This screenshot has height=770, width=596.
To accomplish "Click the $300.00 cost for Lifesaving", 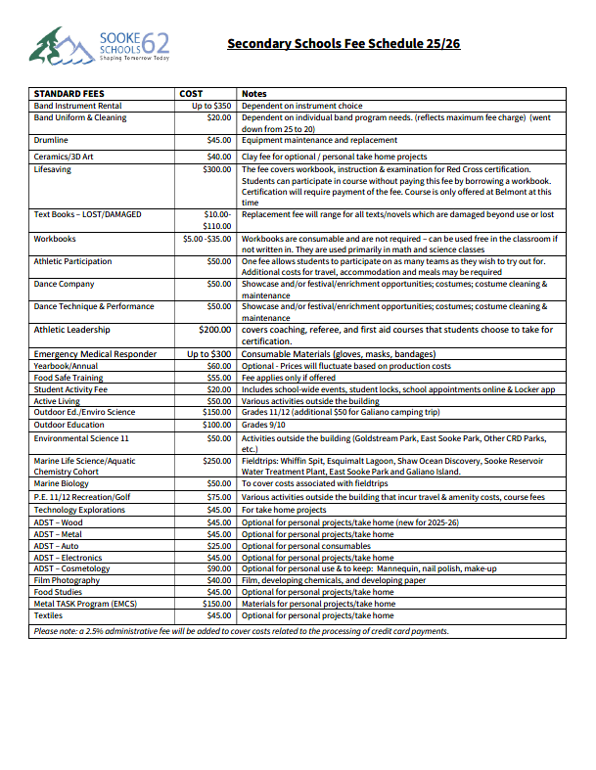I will pyautogui.click(x=216, y=169).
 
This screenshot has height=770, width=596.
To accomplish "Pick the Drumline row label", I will pyautogui.click(x=51, y=140).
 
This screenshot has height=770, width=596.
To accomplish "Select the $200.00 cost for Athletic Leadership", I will pyautogui.click(x=214, y=331).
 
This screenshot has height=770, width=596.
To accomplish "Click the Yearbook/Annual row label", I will pyautogui.click(x=66, y=366).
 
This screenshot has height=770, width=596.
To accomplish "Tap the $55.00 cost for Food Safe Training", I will pyautogui.click(x=218, y=378).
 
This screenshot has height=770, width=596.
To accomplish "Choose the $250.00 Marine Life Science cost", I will pyautogui.click(x=216, y=460).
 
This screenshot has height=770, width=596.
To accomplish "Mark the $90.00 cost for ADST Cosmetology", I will pyautogui.click(x=218, y=568).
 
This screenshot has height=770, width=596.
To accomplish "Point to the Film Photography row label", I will pyautogui.click(x=67, y=580).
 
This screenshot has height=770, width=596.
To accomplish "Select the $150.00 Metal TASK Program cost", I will pyautogui.click(x=216, y=604).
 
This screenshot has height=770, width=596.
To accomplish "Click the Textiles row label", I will pyautogui.click(x=49, y=615).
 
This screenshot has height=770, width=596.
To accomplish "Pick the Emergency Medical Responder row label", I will pyautogui.click(x=95, y=353).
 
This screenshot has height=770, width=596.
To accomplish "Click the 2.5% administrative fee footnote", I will pyautogui.click(x=241, y=631).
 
